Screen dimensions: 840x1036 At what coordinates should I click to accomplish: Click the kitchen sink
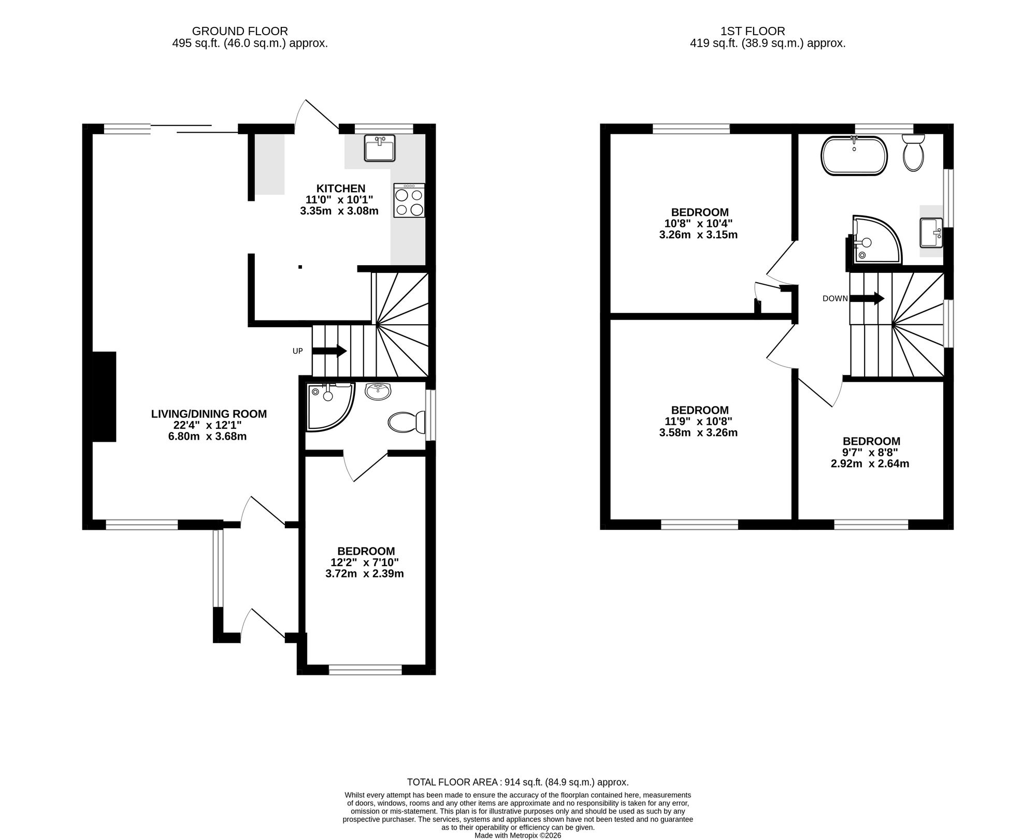(380, 149)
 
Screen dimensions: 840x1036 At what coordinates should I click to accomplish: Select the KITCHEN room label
(341, 189)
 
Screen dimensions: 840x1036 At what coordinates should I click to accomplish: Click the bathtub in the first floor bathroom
(854, 155)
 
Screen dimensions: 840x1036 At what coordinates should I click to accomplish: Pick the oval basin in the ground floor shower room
(379, 392)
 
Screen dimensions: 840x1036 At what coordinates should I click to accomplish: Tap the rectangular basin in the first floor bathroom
(931, 233)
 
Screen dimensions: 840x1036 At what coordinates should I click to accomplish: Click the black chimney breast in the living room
(104, 397)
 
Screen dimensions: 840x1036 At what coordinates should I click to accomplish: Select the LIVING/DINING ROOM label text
(209, 414)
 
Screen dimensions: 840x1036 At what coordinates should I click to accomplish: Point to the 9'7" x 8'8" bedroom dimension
(871, 453)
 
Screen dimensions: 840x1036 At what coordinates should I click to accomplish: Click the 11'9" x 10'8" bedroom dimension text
(698, 421)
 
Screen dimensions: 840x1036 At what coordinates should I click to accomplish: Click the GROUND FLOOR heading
(240, 32)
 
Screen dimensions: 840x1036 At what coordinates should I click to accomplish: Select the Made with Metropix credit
(517, 835)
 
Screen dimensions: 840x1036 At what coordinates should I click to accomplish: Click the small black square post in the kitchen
(300, 267)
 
